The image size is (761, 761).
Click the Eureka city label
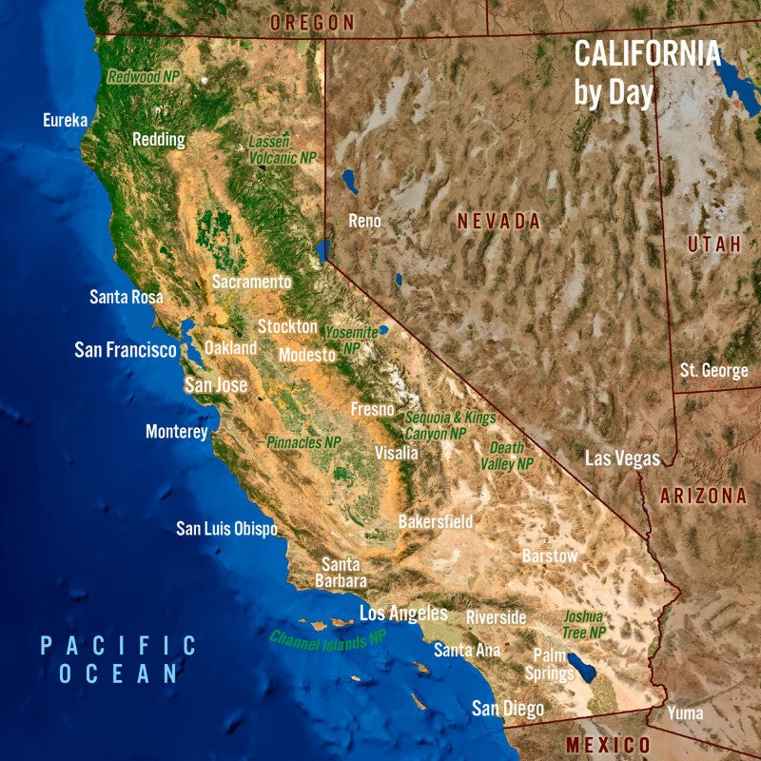click(66, 120)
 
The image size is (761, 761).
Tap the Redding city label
click(158, 140)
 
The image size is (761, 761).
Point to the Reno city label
click(364, 221)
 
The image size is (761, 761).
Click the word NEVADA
click(498, 222)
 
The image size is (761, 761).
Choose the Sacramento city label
click(251, 282)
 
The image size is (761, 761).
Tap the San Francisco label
click(126, 350)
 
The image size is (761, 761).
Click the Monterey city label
click(176, 432)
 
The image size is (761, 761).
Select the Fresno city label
click(372, 410)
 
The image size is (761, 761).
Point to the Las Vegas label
click(622, 459)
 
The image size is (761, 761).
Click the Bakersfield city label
click(435, 522)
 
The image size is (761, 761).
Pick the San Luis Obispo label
click(226, 529)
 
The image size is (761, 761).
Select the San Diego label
click(508, 709)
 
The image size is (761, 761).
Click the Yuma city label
click(686, 712)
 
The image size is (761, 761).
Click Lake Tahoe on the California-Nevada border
click(322, 250)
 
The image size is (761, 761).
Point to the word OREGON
click(312, 22)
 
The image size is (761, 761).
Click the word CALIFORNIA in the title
click(647, 54)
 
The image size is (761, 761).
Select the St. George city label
click(714, 371)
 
